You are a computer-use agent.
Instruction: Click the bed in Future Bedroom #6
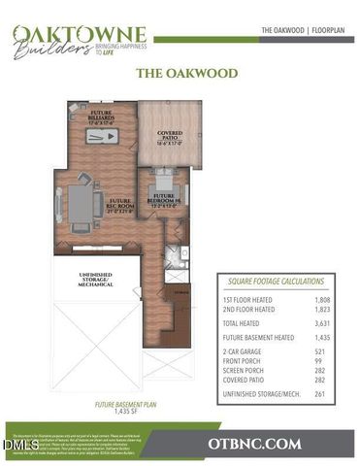click(161, 182)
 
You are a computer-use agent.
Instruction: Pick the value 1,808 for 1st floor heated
click(329, 299)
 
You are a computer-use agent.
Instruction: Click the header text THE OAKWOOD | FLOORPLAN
click(301, 31)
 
